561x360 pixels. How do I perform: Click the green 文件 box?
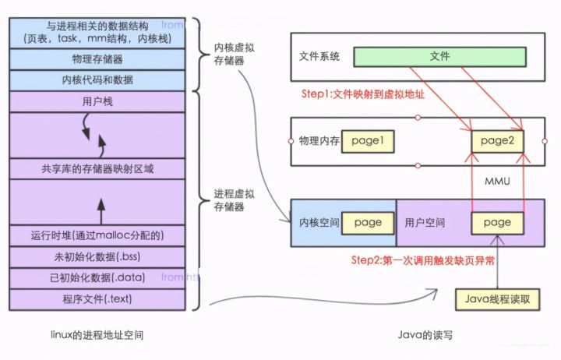click(439, 57)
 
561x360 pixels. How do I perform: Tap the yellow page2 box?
click(497, 141)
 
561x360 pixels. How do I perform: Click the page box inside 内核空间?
click(368, 222)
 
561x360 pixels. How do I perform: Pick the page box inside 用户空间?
click(496, 222)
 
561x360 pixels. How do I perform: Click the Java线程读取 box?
click(496, 298)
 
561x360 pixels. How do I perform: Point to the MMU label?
click(497, 181)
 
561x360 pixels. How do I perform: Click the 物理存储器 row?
click(97, 58)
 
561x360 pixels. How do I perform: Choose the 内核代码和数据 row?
click(97, 79)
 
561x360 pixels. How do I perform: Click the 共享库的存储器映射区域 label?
click(97, 168)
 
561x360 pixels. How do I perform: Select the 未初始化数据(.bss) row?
click(97, 256)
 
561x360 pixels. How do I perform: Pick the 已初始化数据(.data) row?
click(97, 277)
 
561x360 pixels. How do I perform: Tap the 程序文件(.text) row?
click(97, 298)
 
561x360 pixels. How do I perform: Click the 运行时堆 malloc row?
click(97, 235)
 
